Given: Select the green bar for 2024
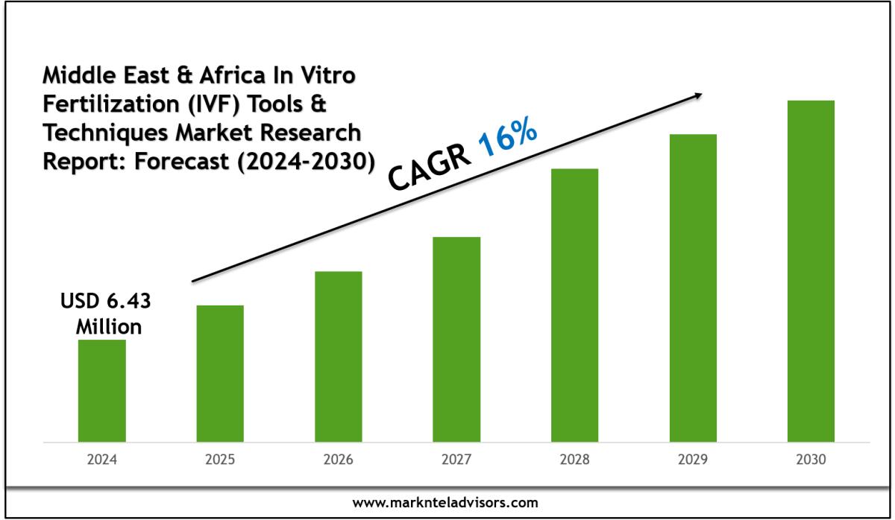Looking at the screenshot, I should coord(101,390).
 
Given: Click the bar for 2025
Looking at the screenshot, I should coord(220,373).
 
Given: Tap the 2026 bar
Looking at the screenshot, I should coord(338,356).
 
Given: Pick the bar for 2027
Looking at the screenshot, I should coord(456,339).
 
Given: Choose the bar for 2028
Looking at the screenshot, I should coord(574,305).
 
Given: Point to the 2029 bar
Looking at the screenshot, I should coord(693,288).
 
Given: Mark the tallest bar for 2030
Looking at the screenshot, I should coord(811,270).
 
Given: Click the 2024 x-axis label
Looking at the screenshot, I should coord(101,460).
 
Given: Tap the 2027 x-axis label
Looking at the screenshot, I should coord(456,460).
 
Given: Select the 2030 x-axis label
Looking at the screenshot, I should coord(811,460).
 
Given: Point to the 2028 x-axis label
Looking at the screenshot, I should coord(574,460).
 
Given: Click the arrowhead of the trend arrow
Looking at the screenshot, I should coord(697,95).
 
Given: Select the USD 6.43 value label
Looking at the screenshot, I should coord(105,302).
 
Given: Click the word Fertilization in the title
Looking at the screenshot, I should coord(103,104).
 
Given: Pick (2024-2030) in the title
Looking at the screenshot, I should coord(301,160).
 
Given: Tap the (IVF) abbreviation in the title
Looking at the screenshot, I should coord(201,104).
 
